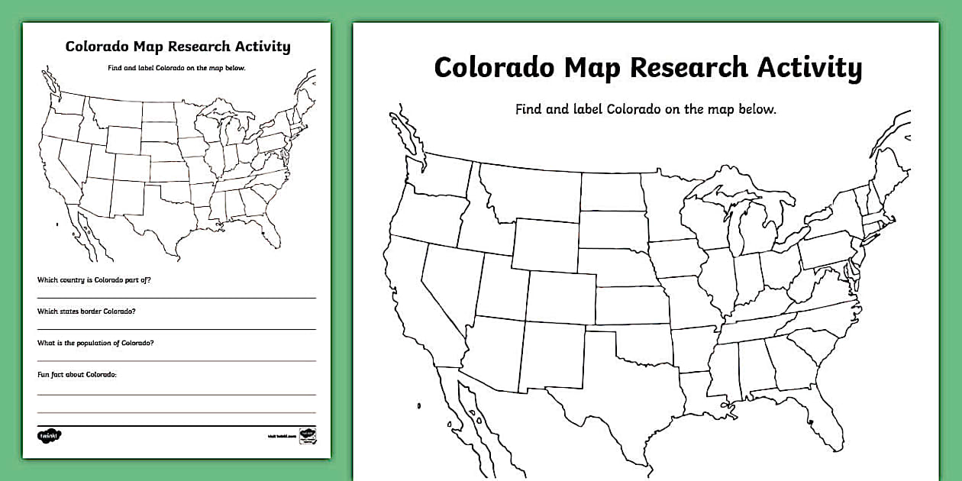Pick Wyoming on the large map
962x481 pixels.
pos(545,244)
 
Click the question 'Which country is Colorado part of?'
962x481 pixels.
pos(94,280)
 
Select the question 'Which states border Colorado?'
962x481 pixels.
pos(87,312)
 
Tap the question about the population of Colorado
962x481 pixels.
pos(95,343)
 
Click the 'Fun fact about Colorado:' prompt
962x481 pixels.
pos(77,375)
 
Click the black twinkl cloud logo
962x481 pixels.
pos(50,435)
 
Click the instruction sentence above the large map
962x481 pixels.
pos(645,109)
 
